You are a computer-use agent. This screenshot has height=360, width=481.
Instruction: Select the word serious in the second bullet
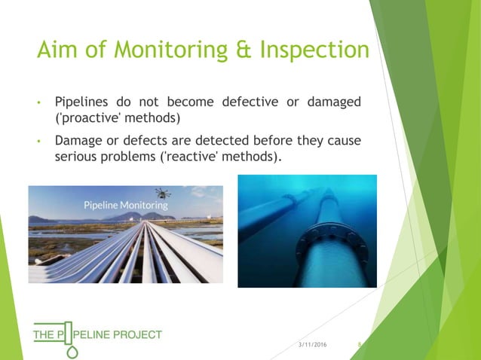pyautogui.click(x=78, y=157)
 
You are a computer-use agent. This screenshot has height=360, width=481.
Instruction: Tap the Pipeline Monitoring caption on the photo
pyautogui.click(x=126, y=204)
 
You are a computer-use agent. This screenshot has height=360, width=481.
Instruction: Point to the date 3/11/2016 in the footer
pyautogui.click(x=313, y=344)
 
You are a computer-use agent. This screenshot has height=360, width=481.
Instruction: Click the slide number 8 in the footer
pyautogui.click(x=360, y=344)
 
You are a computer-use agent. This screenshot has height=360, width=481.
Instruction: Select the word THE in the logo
pyautogui.click(x=41, y=334)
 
